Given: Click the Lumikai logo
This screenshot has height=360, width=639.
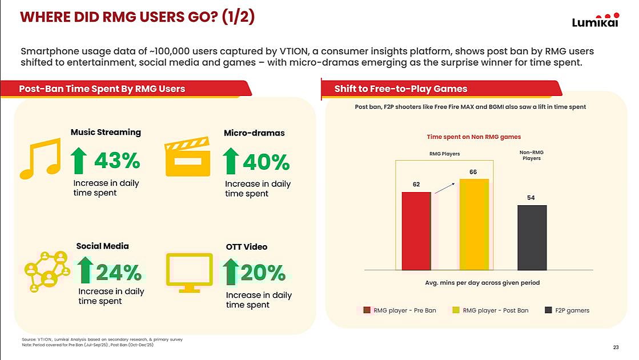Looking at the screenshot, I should [595, 20].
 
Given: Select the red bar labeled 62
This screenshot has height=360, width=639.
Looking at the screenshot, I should [416, 231].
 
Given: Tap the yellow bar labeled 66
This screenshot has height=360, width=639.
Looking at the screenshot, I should [474, 224].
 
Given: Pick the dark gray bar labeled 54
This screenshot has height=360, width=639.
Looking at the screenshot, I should [532, 237].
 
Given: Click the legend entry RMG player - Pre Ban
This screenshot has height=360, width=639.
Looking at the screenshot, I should [400, 310].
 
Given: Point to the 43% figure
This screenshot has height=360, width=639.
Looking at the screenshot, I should [116, 162].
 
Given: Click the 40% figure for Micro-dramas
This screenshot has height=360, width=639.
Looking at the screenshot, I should [266, 163].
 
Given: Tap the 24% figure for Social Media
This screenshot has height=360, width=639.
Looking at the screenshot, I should [118, 273].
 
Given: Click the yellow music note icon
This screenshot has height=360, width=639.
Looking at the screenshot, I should [40, 158].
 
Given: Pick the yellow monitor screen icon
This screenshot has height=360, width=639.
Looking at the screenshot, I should [189, 271].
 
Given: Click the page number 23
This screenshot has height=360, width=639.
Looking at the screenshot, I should [616, 347].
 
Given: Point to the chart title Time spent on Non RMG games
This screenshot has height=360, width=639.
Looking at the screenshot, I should [473, 137].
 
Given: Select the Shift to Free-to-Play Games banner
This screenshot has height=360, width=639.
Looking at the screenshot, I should [401, 89].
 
